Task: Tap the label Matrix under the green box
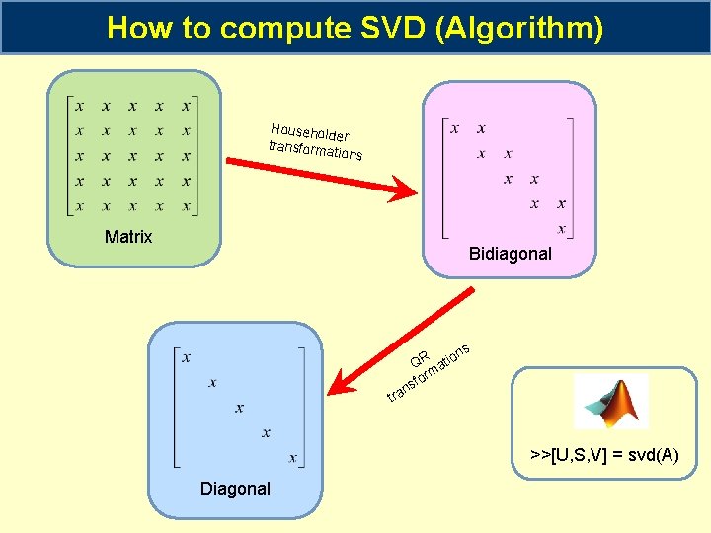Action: [128, 237]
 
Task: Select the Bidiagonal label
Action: [511, 254]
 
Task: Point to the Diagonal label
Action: [235, 489]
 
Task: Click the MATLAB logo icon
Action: [611, 402]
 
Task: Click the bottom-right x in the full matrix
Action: [186, 206]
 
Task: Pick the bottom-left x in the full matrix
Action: [79, 206]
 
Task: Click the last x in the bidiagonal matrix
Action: [562, 229]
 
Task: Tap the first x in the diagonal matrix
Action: [186, 357]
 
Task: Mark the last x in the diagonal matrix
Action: [292, 457]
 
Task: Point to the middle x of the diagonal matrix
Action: [239, 407]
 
